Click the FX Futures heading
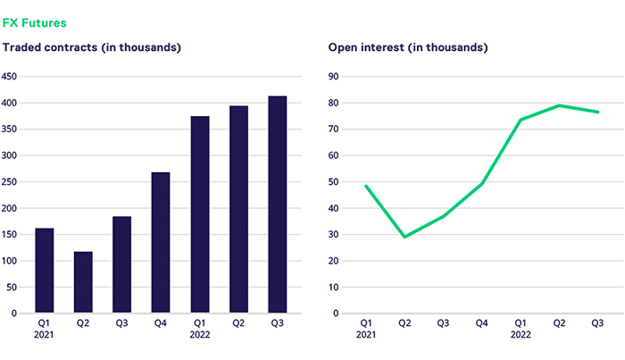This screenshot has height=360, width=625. point(35,21)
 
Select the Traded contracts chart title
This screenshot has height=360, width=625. point(93,46)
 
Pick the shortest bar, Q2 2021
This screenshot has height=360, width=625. point(83,282)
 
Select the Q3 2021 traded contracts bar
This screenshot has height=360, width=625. point(121,264)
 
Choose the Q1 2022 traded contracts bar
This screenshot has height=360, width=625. point(200,214)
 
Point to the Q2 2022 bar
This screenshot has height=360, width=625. point(238,209)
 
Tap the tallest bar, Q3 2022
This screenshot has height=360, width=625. point(278,205)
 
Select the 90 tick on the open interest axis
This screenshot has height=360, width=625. point(335,76)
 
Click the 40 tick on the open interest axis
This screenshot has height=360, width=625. point(335,208)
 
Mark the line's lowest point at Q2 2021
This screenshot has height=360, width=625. point(404,237)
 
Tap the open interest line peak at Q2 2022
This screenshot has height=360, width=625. point(559,105)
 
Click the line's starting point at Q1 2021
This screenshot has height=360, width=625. point(366,186)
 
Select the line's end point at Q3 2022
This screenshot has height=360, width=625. point(597,112)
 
